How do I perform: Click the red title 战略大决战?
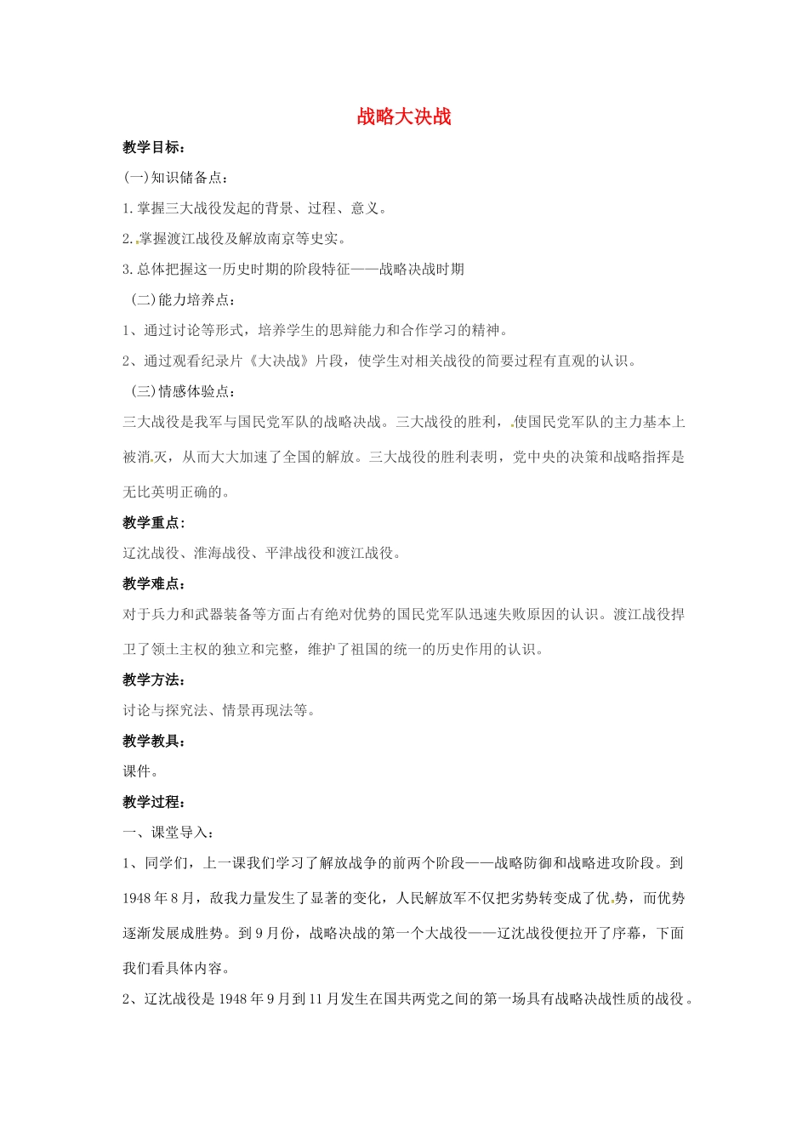coord(404,117)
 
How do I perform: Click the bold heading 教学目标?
coord(153,147)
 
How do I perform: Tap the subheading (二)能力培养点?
coord(183,299)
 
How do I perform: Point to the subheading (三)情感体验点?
coord(183,391)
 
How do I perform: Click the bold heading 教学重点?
coord(153,522)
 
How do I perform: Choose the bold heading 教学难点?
coord(153,583)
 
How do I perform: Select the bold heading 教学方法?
coord(153,680)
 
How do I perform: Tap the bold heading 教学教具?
coord(153,741)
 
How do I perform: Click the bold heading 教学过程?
coord(153,802)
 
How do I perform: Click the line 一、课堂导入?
coord(168,833)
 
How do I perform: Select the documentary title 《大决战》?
coord(279,361)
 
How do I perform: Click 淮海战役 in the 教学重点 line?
coord(222,553)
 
